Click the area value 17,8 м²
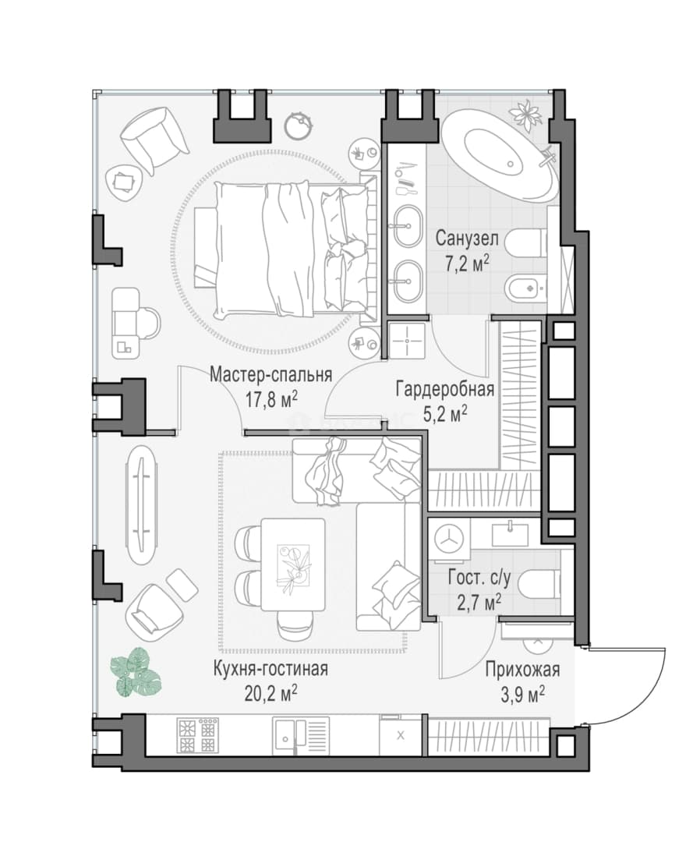coord(271,400)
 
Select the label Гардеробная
coord(444,389)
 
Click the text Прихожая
coord(522,670)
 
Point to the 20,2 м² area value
coord(271,693)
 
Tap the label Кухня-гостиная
coord(270,669)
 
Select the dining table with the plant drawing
coord(293,565)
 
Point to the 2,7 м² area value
coord(479,603)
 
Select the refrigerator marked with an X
coord(401,736)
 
